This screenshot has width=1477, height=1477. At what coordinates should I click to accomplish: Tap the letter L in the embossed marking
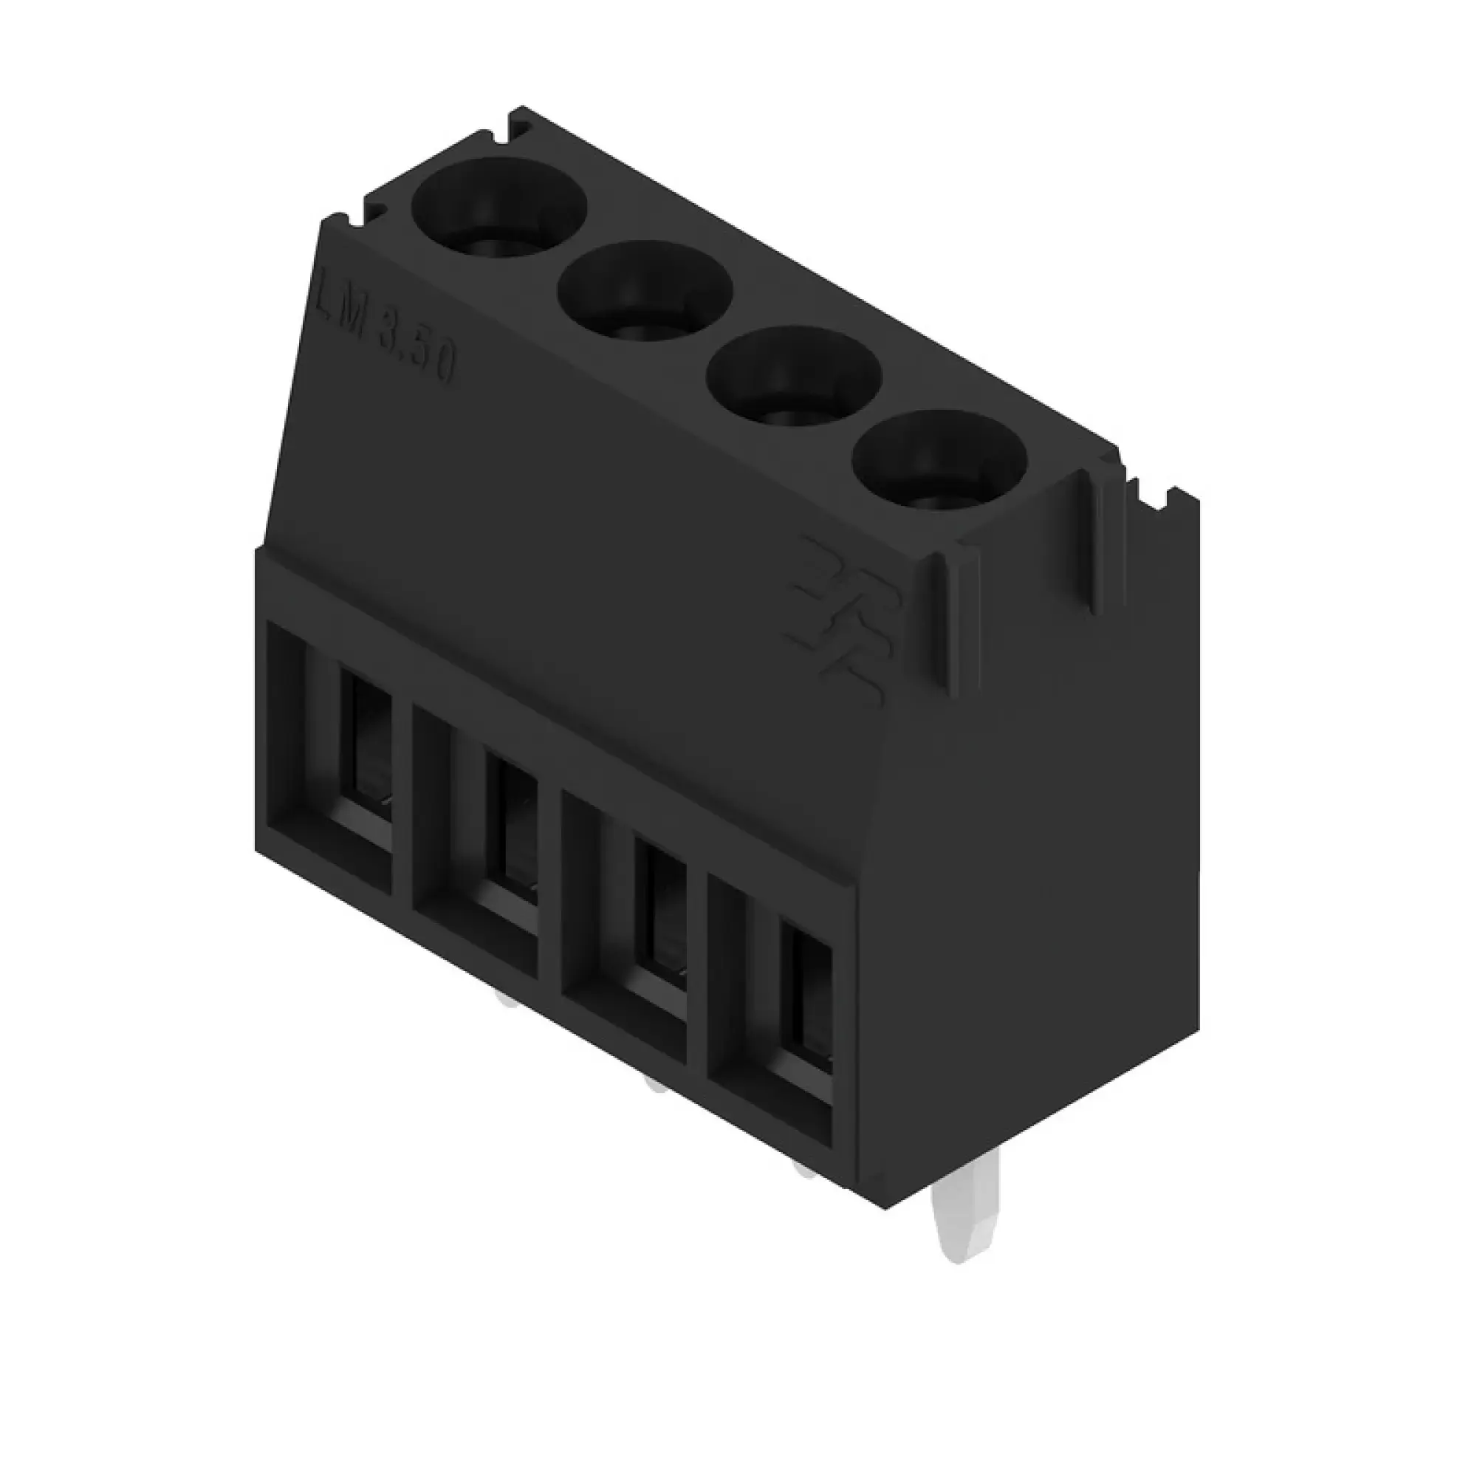[x=327, y=295]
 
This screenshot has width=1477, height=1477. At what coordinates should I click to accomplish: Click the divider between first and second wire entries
[x=403, y=803]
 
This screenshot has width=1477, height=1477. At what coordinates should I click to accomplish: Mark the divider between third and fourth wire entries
[x=696, y=971]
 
